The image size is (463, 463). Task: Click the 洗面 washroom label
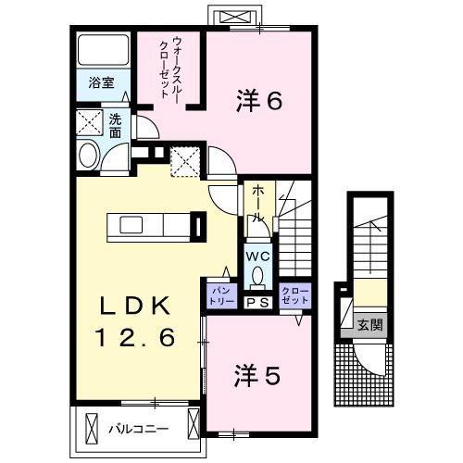[116, 125]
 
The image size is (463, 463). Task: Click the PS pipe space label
[257, 302]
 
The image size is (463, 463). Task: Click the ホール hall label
[258, 203]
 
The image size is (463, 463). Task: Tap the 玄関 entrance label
[369, 325]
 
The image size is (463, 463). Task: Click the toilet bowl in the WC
[257, 277]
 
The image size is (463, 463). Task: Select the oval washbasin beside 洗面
[89, 156]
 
